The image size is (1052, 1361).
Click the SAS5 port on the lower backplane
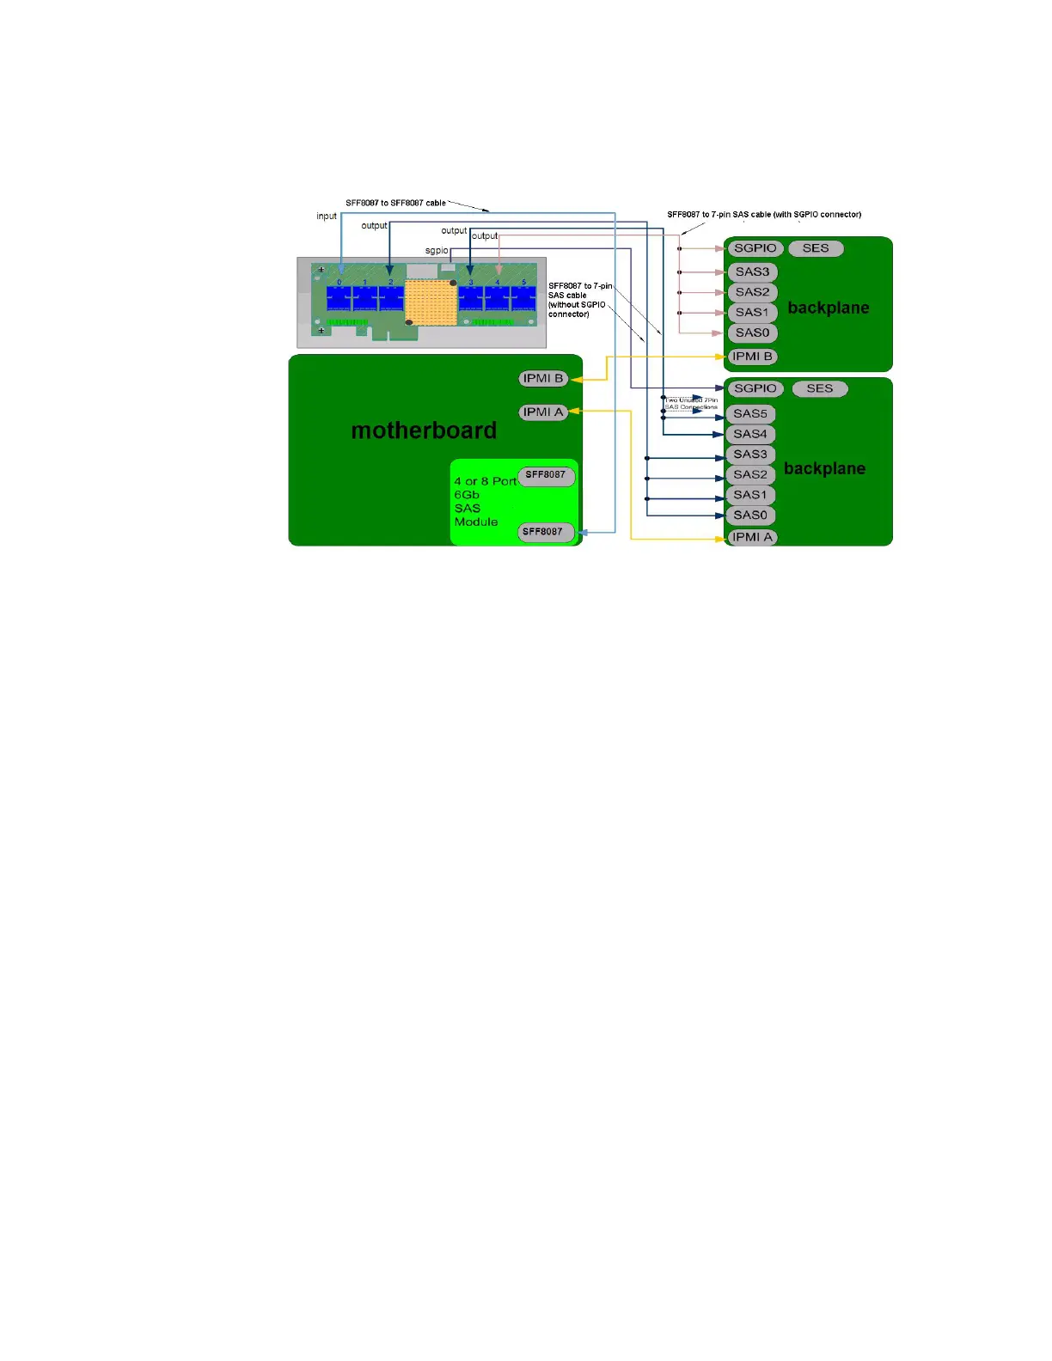coord(750,413)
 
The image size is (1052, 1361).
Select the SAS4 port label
coord(750,434)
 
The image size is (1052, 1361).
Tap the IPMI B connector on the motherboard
coord(543,378)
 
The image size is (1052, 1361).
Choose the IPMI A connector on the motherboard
coord(543,412)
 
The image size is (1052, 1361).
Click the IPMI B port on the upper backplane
coord(752,357)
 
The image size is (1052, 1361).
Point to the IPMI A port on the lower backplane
coord(752,537)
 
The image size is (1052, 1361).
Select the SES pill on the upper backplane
coord(816,248)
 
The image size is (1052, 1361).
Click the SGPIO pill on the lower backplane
coord(755,388)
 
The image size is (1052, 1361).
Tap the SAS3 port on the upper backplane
coord(752,272)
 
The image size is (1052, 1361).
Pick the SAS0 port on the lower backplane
coord(750,515)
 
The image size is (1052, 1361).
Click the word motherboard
coord(424,430)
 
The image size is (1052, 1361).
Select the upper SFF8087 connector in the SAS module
coord(546,475)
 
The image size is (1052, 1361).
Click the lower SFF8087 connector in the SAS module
coord(543,532)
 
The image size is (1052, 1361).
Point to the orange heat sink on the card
coord(431,302)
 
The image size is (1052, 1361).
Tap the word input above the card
coord(327,216)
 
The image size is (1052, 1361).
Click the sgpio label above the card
coord(437,251)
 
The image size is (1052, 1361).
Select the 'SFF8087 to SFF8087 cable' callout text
coord(395,203)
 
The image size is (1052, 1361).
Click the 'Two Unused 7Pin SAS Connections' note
coord(691,403)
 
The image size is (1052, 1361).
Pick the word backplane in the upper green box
coord(828,308)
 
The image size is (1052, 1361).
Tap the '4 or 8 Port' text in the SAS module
coord(485,481)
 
